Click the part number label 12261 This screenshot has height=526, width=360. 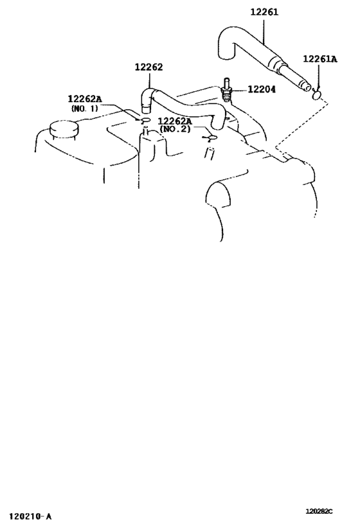tap(264, 12)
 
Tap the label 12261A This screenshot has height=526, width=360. tap(320, 59)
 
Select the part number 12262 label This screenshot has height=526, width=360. tap(148, 67)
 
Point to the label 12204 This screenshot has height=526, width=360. tap(262, 89)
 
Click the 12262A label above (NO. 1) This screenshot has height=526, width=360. tap(85, 99)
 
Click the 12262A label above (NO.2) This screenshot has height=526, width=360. tap(175, 121)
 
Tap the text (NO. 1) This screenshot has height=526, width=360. tap(85, 109)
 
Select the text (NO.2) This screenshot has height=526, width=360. tap(175, 129)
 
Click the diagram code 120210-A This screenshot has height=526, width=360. tap(31, 516)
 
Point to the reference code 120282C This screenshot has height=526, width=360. tap(319, 511)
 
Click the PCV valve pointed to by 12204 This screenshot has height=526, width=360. tap(226, 88)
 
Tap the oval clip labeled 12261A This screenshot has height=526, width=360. tap(317, 95)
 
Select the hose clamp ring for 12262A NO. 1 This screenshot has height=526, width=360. tap(145, 119)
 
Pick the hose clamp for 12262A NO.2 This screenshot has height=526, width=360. tap(212, 137)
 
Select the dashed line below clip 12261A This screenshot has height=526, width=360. tap(302, 124)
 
